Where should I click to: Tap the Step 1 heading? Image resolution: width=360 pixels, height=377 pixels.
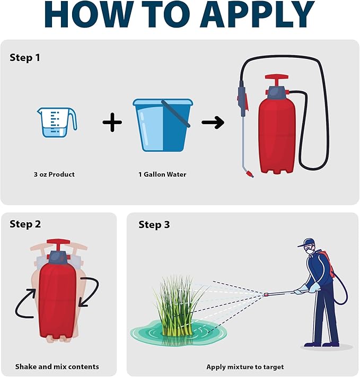tap(24, 57)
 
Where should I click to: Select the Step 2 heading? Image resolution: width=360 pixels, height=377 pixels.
tap(25, 224)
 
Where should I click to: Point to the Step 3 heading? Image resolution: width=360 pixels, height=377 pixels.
tap(154, 225)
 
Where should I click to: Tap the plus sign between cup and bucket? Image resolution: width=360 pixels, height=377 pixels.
tap(112, 123)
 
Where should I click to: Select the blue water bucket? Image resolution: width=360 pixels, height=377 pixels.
tap(162, 124)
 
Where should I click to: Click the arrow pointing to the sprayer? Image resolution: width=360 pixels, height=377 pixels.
tap(213, 122)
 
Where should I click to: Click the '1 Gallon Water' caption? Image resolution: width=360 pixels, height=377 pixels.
tap(162, 174)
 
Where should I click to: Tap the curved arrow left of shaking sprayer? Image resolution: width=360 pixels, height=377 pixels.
tap(25, 302)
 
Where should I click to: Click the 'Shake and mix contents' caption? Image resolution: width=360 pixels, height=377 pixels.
tap(57, 366)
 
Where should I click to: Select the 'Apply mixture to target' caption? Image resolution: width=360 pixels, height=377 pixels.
tap(245, 366)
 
